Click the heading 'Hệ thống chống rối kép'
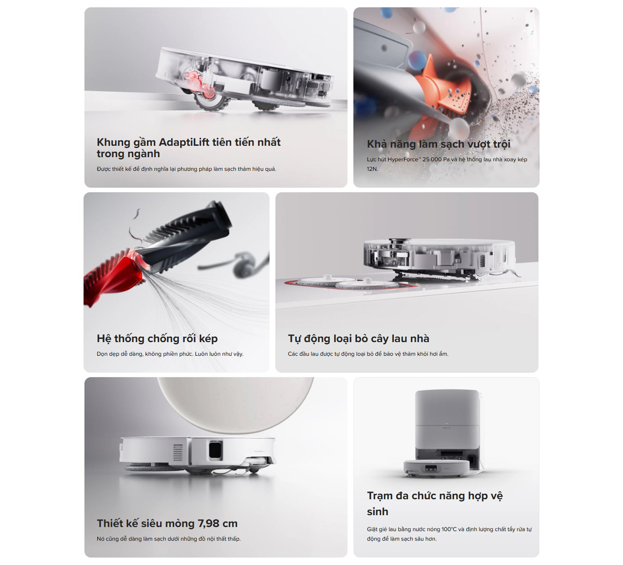coord(157,339)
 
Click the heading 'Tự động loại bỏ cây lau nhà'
coord(358,339)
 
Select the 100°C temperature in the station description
coord(449,529)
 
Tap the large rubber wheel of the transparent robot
coord(210,100)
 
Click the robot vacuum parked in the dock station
coord(437,468)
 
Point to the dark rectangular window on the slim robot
coord(216,450)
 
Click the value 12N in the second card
coord(372,169)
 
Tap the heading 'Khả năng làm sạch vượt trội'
coord(438,144)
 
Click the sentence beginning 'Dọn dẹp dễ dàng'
coord(170,354)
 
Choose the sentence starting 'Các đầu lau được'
coord(368,354)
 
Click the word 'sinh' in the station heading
coord(378,512)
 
